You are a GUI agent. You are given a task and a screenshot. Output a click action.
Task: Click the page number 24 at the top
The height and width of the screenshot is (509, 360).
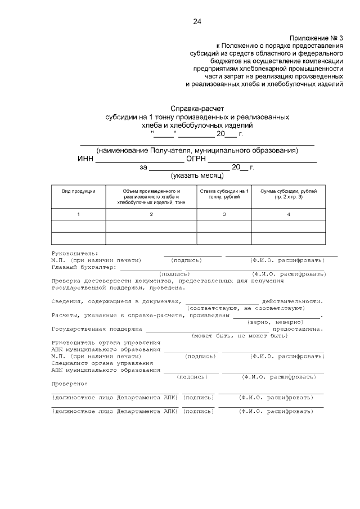coord(197,21)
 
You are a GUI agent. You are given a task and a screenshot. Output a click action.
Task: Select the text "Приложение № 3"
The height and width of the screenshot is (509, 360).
coord(316,37)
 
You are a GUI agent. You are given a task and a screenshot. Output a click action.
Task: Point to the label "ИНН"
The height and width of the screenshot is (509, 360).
coord(85,159)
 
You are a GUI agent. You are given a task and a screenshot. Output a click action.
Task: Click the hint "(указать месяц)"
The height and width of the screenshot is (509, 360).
coord(196,175)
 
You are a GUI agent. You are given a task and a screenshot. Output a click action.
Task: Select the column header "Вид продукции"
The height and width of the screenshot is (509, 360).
coord(78,191)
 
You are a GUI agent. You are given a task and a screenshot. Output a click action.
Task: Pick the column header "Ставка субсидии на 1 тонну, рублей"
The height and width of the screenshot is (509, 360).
coord(224,194)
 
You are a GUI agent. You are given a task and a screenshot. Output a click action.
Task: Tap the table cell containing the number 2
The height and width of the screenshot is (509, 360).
coord(151,214)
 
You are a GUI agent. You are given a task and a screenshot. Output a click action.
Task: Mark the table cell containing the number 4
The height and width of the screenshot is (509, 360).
coord(289,214)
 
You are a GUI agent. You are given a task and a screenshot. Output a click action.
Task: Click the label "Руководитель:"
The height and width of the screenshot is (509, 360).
coord(74,254)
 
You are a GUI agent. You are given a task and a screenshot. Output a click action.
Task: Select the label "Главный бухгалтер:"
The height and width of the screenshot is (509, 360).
coord(84,267)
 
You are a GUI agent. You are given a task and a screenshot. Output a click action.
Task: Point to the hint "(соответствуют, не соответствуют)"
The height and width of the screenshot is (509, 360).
coord(245,308)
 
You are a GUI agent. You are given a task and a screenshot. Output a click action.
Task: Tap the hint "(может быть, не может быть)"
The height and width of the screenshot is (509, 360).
coord(240,335)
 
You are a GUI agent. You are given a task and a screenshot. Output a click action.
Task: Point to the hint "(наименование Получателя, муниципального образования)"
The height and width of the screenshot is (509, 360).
coord(196,151)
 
